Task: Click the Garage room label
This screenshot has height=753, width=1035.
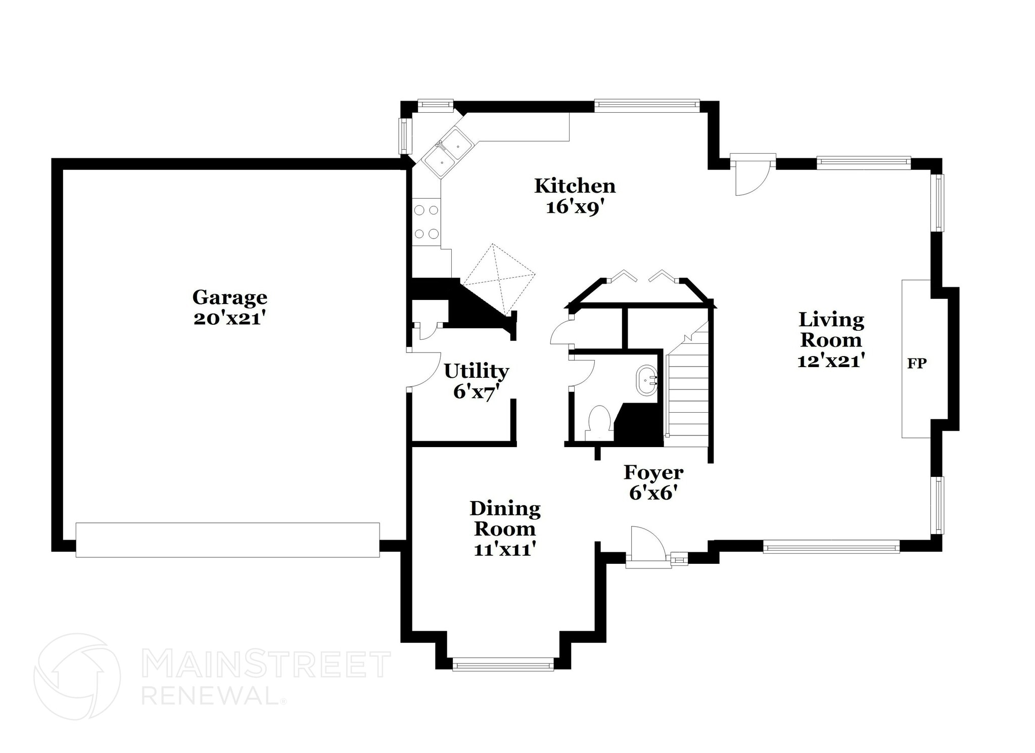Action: click(x=229, y=297)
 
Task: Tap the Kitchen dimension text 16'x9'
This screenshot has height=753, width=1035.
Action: click(x=575, y=207)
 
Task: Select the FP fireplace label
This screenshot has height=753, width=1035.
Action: click(x=917, y=363)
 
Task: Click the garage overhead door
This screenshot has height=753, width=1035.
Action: click(x=227, y=540)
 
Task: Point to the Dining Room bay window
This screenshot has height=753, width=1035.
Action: click(x=503, y=664)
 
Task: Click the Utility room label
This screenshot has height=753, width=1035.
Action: click(x=476, y=371)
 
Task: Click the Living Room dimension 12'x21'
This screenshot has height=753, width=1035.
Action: click(x=831, y=361)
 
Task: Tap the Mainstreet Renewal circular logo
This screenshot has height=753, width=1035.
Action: click(x=77, y=676)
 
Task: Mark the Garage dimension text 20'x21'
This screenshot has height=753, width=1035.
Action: click(x=229, y=319)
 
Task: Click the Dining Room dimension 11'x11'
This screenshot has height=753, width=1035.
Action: click(x=504, y=550)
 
